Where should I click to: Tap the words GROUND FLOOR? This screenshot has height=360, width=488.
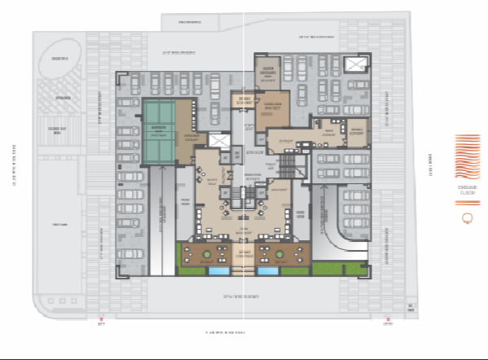pyautogui.click(x=468, y=195)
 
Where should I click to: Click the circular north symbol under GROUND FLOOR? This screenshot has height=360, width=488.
pyautogui.click(x=468, y=217)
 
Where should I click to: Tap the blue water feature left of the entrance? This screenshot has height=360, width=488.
pyautogui.click(x=219, y=269)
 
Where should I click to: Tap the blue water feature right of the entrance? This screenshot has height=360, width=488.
pyautogui.click(x=268, y=269)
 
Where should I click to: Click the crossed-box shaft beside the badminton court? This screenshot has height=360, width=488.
pyautogui.click(x=219, y=142)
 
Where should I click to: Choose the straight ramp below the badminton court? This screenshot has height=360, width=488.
pyautogui.click(x=163, y=204)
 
